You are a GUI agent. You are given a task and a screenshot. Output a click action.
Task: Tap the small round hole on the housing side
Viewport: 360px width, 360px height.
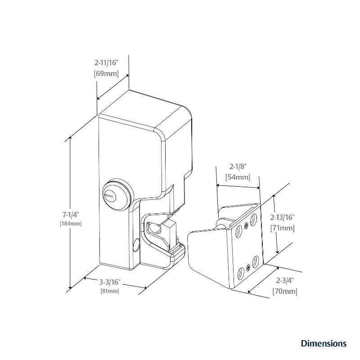coord(136,246)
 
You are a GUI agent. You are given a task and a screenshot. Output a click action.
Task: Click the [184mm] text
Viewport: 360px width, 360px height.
coord(71,224)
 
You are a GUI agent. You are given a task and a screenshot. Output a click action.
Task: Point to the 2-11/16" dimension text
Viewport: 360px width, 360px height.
coord(106,63)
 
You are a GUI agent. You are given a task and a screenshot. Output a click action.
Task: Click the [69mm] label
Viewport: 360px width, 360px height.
coord(106,73)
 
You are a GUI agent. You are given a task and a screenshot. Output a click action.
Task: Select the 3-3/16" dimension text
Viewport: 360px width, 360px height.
coord(109,282)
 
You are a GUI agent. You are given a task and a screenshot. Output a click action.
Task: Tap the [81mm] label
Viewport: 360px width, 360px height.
coord(109,291)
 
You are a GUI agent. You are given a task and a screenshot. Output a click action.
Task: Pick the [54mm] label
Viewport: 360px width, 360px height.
coord(238,177)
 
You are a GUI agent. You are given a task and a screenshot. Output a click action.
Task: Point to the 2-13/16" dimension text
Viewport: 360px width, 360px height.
coord(282,217)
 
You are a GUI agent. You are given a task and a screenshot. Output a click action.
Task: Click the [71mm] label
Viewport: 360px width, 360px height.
coord(282,228)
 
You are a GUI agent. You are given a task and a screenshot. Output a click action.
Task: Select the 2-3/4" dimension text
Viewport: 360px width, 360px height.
coord(284,280)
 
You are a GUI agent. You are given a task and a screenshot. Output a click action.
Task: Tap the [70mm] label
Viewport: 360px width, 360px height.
coord(284,292)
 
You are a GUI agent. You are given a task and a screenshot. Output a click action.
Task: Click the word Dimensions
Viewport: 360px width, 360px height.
coord(324,343)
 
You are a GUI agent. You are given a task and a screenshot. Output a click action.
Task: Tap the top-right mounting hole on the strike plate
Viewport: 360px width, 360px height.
coord(254,220)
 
